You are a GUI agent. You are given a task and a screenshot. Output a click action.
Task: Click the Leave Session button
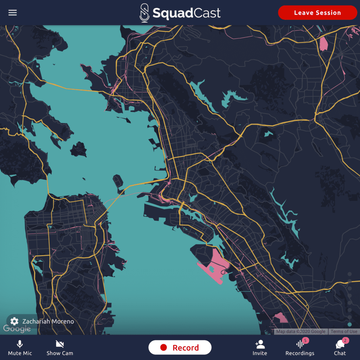pyautogui.click(x=317, y=13)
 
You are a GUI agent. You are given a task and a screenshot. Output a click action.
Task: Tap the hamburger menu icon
pyautogui.click(x=13, y=13)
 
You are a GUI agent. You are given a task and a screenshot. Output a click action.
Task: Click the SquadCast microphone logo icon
pyautogui.click(x=144, y=13)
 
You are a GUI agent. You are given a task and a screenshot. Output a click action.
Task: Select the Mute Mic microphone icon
pyautogui.click(x=20, y=344)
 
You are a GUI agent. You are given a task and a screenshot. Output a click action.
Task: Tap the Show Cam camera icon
pyautogui.click(x=60, y=344)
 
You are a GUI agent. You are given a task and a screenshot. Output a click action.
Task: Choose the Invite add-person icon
pyautogui.click(x=260, y=344)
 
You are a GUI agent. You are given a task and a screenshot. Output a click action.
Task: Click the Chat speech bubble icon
pyautogui.click(x=340, y=345)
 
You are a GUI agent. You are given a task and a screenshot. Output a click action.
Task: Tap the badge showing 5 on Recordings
pyautogui.click(x=305, y=340)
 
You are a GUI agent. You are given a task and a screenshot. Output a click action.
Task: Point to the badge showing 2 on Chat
pyautogui.click(x=346, y=340)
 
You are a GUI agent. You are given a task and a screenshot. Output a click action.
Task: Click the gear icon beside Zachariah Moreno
pyautogui.click(x=14, y=321)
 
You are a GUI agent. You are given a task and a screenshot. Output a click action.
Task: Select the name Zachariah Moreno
pyautogui.click(x=48, y=321)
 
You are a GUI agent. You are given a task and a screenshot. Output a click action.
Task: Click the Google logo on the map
pyautogui.click(x=17, y=329)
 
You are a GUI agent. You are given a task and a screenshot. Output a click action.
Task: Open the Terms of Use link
pyautogui.click(x=344, y=332)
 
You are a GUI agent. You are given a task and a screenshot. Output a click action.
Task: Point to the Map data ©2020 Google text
pyautogui.click(x=301, y=332)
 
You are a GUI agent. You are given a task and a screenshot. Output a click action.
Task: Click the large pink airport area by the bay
pyautogui.click(x=214, y=265)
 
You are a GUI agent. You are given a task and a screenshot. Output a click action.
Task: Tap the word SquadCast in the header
pyautogui.click(x=186, y=13)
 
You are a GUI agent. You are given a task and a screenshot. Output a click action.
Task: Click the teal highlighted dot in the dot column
pyautogui.click(x=349, y=324)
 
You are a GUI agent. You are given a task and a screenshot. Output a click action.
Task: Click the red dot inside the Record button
pyautogui.click(x=163, y=348)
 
